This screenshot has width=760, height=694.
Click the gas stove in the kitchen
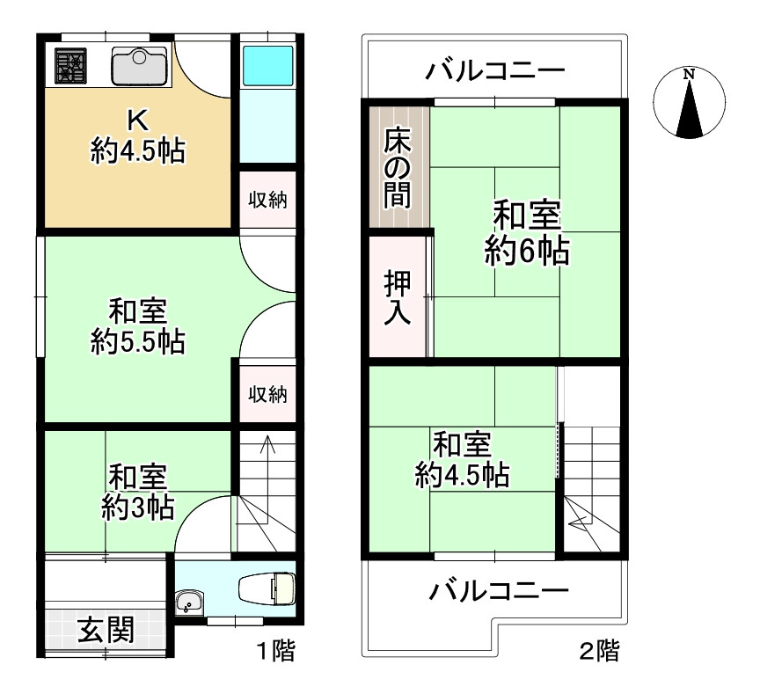point(69,66)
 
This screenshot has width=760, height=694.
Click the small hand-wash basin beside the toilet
point(188,603)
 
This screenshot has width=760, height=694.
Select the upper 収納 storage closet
point(267,200)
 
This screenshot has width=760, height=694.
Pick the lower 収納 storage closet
point(267,395)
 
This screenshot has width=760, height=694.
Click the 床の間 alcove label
point(398,166)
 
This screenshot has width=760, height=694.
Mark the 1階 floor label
point(275,652)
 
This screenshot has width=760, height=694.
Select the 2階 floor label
point(598,652)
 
